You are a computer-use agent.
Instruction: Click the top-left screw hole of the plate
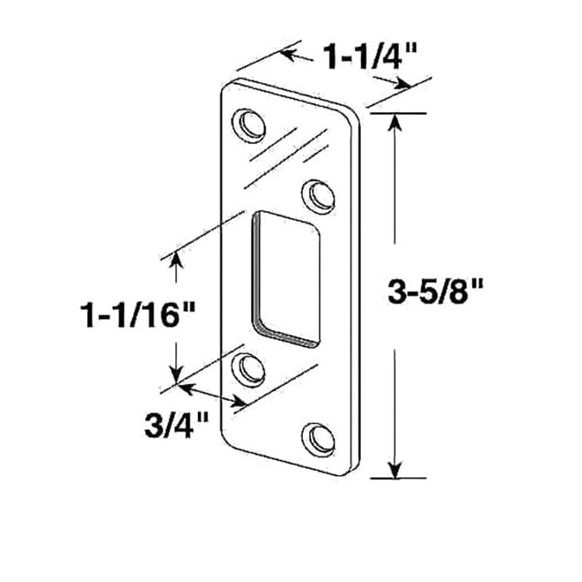[247, 123]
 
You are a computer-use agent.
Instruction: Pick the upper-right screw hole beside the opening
[319, 195]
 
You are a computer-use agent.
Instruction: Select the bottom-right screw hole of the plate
[318, 436]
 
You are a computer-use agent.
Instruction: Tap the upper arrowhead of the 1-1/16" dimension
[175, 261]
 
